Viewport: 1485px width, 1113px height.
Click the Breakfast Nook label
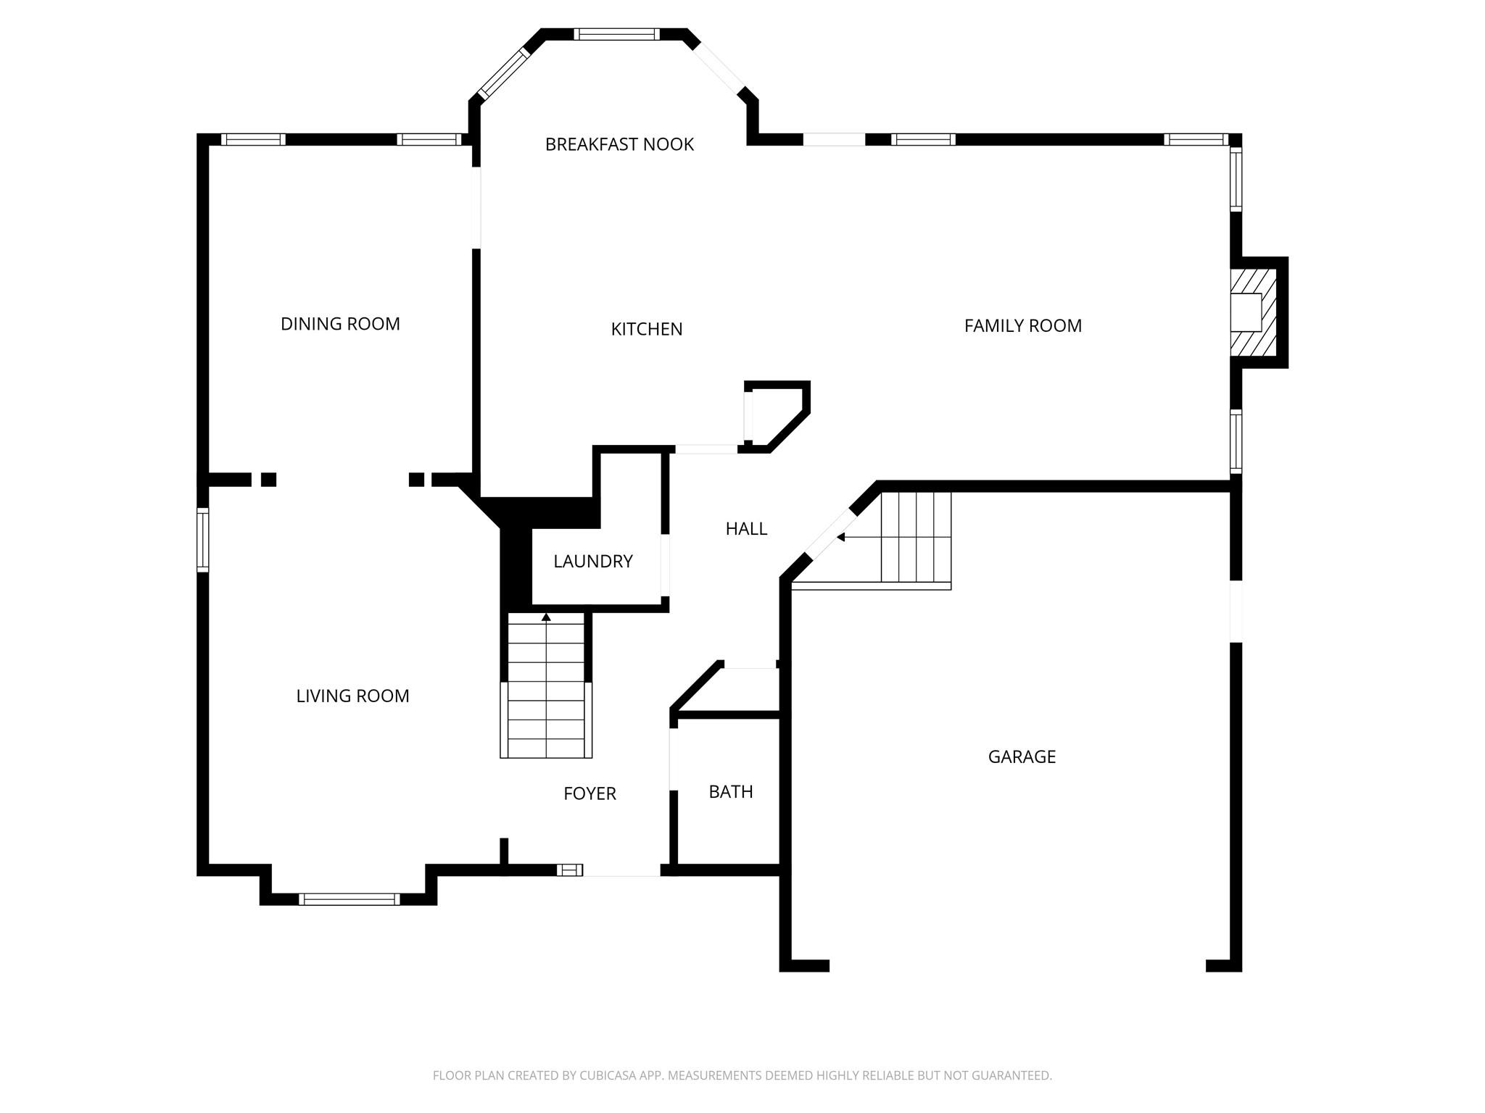619,144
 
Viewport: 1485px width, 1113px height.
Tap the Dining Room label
340,324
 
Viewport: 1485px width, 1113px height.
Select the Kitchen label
647,329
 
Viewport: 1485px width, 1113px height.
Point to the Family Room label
1022,326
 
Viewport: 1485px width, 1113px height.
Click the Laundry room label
593,561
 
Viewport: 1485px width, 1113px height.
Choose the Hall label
746,529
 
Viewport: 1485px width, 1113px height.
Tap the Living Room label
352,696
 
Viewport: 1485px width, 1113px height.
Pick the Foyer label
590,793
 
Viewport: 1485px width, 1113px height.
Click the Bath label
731,792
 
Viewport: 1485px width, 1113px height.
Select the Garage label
1022,756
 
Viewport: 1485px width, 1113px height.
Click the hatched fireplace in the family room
1253,312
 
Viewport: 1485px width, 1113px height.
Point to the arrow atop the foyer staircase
546,617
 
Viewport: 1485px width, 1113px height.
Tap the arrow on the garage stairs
841,537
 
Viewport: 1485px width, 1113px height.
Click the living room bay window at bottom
349,899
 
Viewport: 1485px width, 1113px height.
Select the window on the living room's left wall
203,540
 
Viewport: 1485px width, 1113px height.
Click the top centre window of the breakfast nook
617,34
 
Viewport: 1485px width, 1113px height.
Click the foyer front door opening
621,870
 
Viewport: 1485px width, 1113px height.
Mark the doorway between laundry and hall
664,564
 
